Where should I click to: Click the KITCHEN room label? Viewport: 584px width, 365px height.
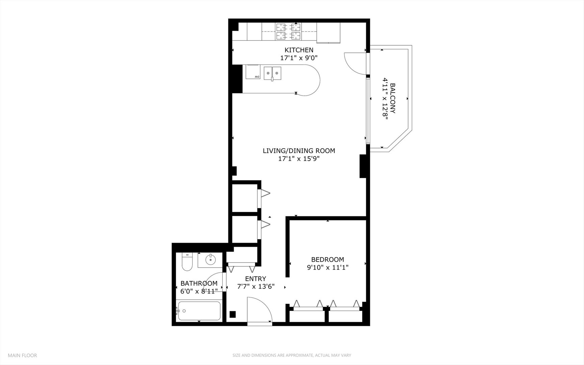point(299,50)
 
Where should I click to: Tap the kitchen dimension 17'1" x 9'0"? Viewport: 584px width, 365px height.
point(299,58)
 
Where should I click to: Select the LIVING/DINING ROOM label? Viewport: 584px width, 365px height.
point(299,151)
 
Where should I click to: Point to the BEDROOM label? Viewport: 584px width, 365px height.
point(327,260)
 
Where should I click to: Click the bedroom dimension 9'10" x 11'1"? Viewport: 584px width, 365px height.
point(327,267)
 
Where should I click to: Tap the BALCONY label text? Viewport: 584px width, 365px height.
point(392,98)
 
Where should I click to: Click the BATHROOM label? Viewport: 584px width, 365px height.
point(199,283)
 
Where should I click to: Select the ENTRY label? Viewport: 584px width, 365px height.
point(255,279)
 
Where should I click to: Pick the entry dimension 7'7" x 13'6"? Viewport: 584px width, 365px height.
point(256,287)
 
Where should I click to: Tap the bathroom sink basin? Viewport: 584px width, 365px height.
point(210,260)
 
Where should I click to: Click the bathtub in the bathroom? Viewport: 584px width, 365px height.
point(199,311)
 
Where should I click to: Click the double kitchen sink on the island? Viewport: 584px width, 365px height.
point(272,73)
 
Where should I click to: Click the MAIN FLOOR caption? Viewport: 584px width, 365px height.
point(22,355)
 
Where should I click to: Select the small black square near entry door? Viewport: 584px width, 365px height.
point(232,314)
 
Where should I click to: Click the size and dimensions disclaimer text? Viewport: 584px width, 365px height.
point(291,355)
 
